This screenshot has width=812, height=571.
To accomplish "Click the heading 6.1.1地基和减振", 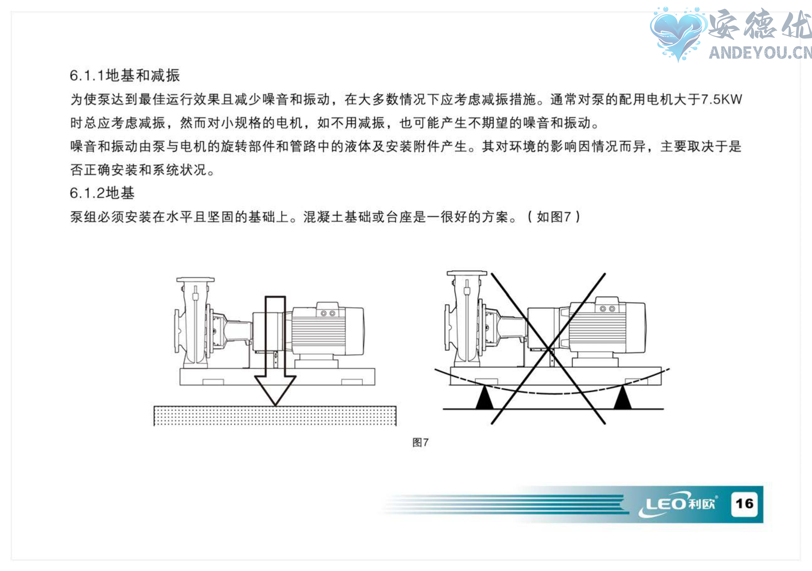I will point(125,76).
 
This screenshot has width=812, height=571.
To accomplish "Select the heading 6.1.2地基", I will point(102,193).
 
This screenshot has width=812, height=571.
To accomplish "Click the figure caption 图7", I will point(421,442).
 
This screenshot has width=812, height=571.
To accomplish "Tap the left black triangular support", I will point(485,399).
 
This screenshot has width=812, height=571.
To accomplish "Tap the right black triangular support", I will point(623,399).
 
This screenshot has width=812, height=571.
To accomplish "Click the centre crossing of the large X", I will point(549,349).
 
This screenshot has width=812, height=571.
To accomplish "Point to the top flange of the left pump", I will point(195,280).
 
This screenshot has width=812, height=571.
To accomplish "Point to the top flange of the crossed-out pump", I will point(467,273).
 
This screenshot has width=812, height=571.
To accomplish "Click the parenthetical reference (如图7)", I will point(554,217).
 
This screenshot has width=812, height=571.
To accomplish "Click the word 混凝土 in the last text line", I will point(323,217).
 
